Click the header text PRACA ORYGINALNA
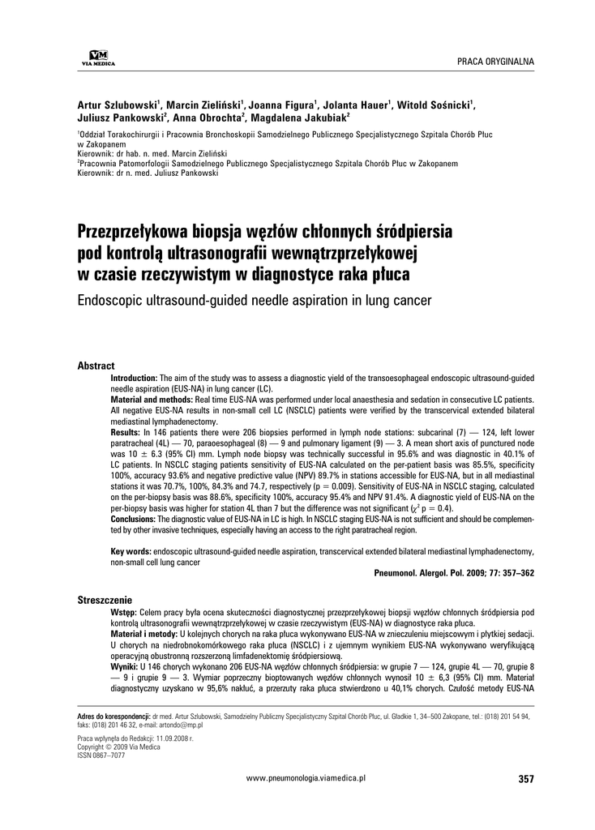(x=495, y=62)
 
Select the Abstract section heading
(x=96, y=366)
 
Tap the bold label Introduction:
(x=134, y=379)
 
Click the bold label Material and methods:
(x=149, y=400)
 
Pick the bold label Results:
(x=125, y=434)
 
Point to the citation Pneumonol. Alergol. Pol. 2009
(x=455, y=573)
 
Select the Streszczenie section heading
(x=105, y=600)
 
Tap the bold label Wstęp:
(x=124, y=612)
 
